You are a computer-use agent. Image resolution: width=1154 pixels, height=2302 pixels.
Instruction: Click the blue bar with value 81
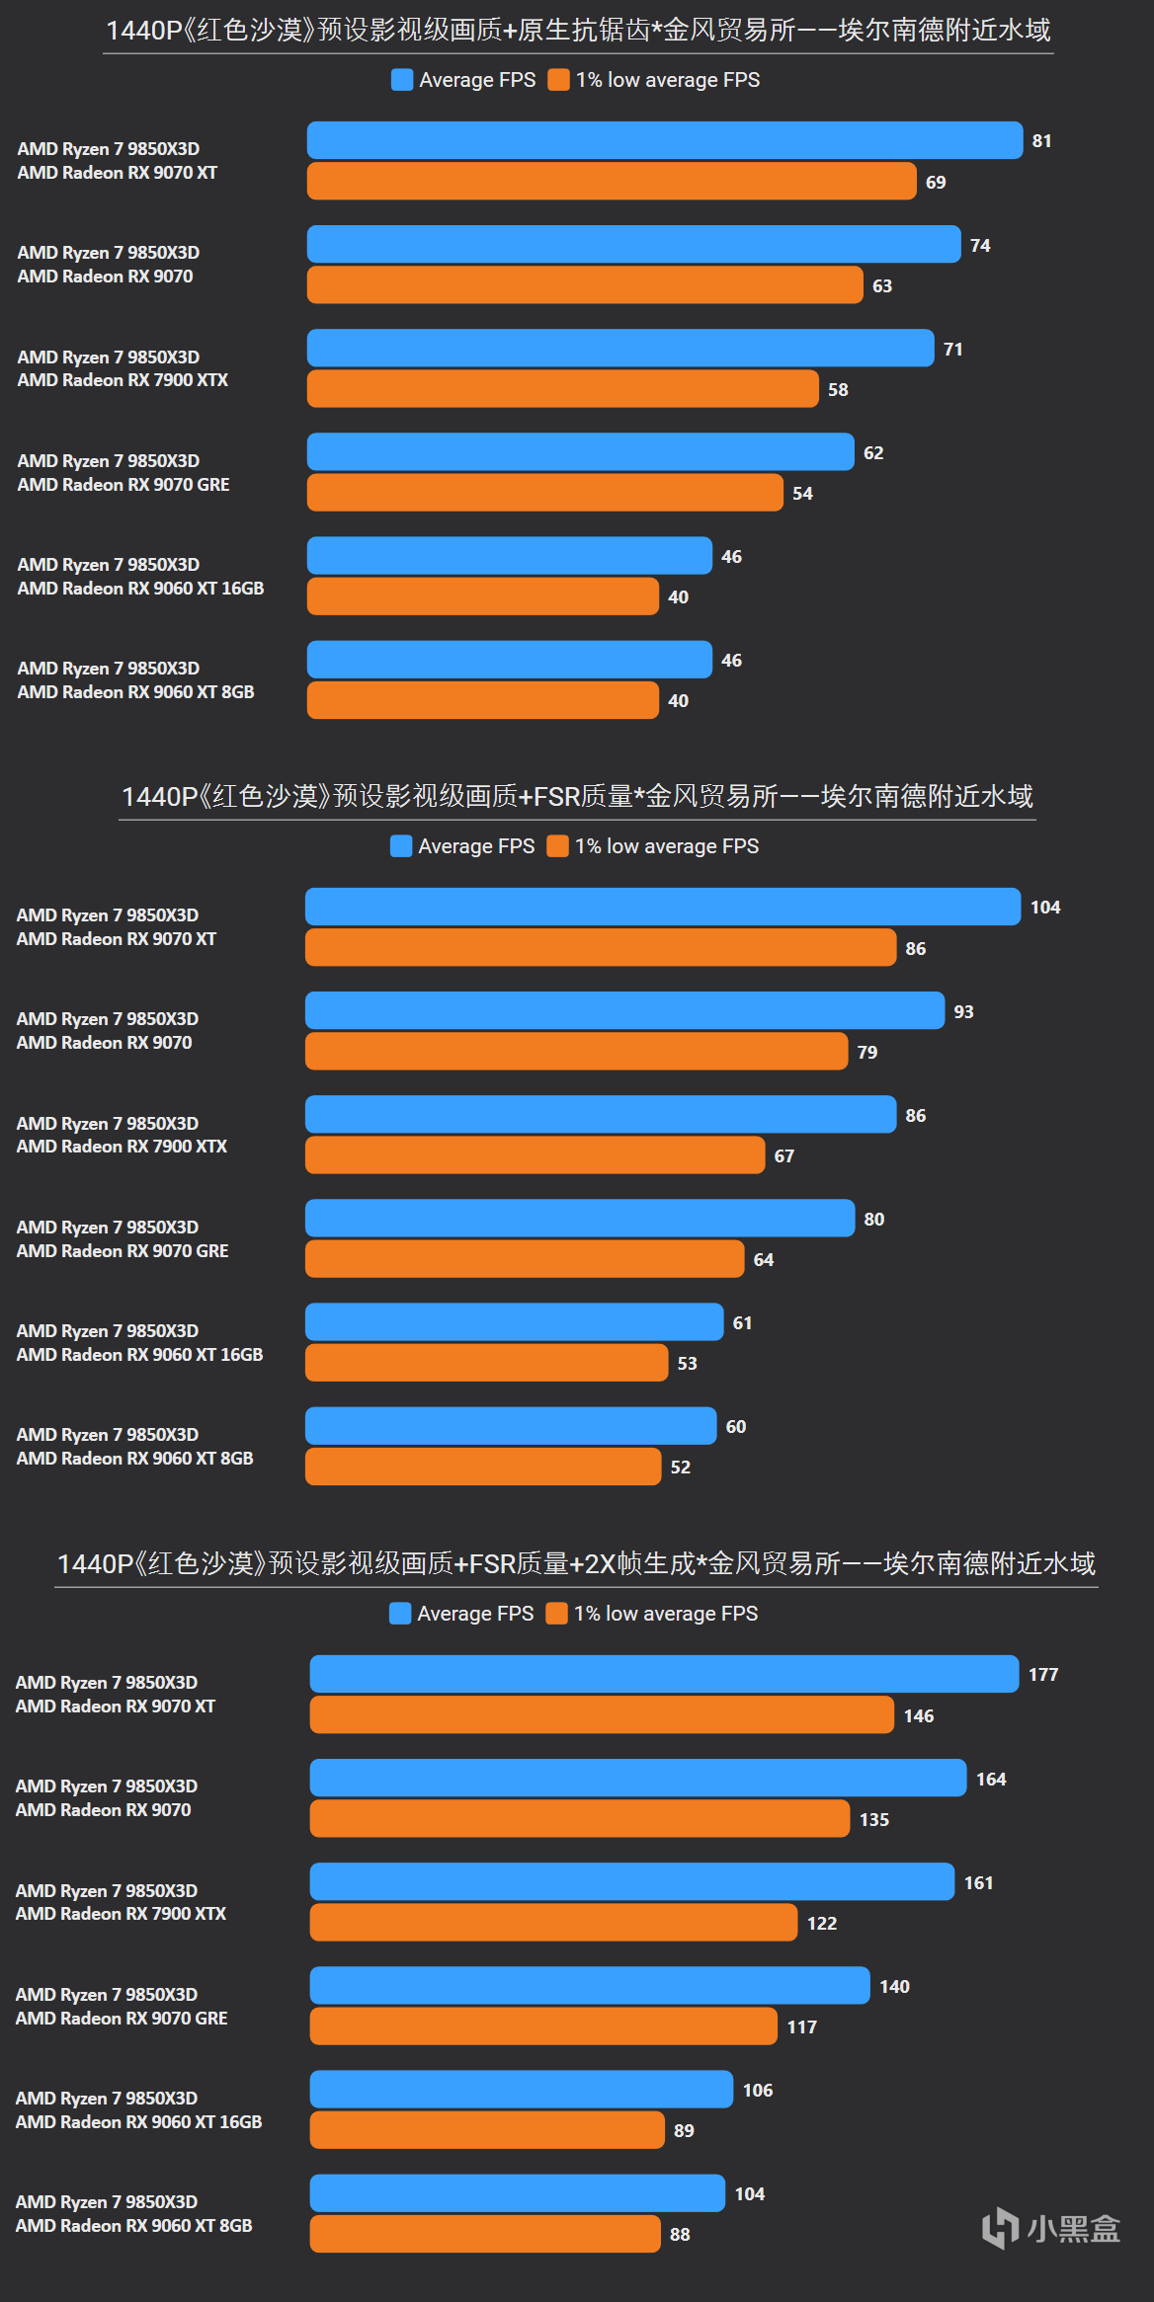coord(664,140)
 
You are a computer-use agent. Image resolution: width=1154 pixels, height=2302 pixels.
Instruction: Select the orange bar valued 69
coord(611,182)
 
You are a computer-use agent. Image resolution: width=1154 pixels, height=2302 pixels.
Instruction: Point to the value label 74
coord(980,245)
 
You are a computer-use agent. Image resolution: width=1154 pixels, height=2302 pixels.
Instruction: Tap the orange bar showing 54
coord(544,493)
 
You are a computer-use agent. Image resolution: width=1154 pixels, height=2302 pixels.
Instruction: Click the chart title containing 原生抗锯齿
coord(578,31)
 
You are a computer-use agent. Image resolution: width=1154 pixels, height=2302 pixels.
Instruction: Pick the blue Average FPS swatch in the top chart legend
coord(402,80)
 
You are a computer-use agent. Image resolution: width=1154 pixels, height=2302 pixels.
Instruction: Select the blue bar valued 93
coord(624,1010)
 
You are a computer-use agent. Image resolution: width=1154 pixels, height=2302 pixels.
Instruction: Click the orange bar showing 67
coord(535,1155)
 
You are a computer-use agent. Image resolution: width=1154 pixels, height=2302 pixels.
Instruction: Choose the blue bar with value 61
coord(514,1322)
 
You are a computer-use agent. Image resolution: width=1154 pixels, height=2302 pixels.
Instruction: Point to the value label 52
coord(681,1467)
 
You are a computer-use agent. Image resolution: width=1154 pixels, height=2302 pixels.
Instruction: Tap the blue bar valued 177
coord(664,1674)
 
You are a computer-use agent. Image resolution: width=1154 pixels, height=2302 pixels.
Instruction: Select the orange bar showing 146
coord(602,1715)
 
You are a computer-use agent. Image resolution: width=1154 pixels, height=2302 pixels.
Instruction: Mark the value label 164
coord(991,1779)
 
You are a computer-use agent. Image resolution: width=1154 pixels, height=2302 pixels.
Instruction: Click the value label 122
coord(822,1923)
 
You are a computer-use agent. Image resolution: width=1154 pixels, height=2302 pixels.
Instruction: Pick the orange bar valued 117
coord(543,2026)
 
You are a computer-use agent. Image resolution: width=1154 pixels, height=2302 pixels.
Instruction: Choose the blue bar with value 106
coord(521,2090)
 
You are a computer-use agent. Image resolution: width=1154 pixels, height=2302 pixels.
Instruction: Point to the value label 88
coord(680,2234)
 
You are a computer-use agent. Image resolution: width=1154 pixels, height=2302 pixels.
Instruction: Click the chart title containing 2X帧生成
coord(576,1563)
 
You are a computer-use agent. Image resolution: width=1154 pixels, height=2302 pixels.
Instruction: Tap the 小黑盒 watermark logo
coord(1051,2228)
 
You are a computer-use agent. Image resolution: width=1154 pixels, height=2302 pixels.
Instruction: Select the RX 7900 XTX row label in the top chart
coord(123,368)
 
